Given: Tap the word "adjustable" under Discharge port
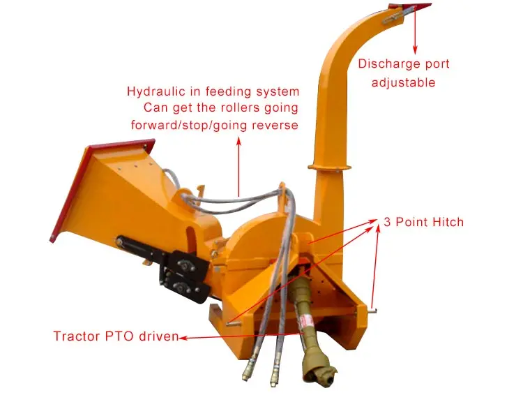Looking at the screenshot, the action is tap(403, 82).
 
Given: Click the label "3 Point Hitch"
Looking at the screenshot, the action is tap(423, 223).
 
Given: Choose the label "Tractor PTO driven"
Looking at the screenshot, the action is tap(116, 336).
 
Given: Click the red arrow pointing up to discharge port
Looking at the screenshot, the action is tap(415, 31).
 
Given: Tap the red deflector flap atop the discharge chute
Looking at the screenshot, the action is tap(410, 8).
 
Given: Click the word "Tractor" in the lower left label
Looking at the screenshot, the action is tap(77, 336).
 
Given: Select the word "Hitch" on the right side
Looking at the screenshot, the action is tap(446, 223).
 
